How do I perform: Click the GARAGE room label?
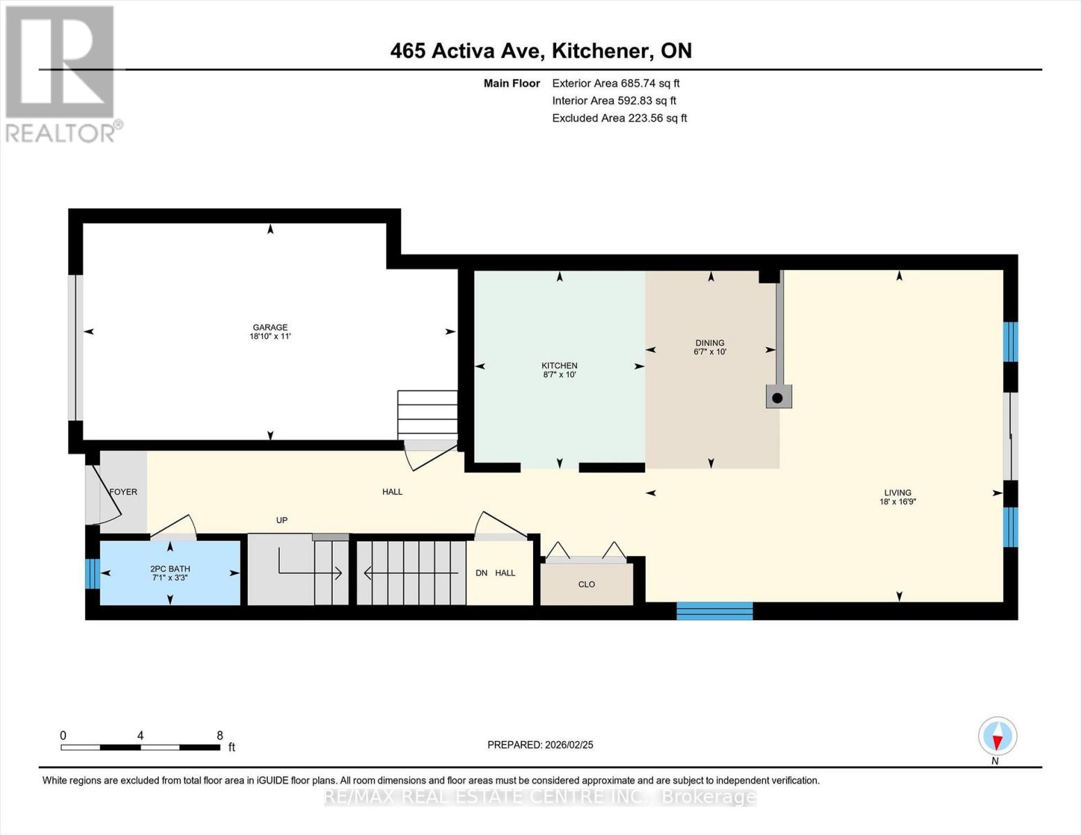(270, 327)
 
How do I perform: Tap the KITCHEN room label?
(560, 365)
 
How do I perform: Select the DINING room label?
(710, 342)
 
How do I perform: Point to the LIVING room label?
(897, 493)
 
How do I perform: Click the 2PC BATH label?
(170, 568)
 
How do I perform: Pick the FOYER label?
(123, 492)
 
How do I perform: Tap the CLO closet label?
(587, 584)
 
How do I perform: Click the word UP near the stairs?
(282, 520)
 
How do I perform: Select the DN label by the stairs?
(481, 573)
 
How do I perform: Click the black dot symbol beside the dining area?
(778, 398)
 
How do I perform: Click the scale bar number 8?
(220, 735)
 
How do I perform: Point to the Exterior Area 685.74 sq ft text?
(615, 83)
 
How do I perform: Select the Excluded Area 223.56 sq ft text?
(620, 118)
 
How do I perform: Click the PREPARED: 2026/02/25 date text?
(540, 745)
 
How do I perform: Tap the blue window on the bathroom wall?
(92, 573)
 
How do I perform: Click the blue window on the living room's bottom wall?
(715, 611)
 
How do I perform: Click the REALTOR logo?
(61, 73)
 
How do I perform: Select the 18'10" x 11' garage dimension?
(270, 337)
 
